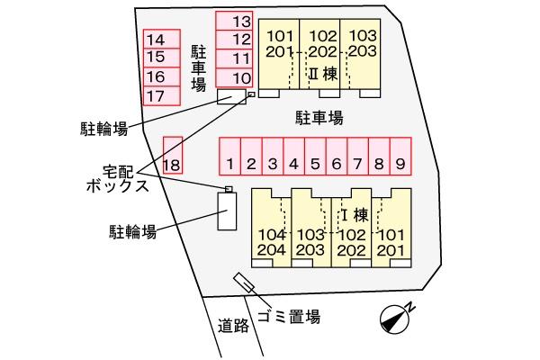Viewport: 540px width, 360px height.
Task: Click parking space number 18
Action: pos(173,156)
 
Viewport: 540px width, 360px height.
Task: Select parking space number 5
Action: pos(315,157)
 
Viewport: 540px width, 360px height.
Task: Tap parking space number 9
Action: pos(400,157)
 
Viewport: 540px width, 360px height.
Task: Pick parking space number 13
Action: pos(234,21)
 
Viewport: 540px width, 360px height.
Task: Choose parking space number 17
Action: pos(162,95)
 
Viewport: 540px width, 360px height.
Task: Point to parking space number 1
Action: pos(230,157)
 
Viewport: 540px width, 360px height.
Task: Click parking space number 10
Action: pos(234,77)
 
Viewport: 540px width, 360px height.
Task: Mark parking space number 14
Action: pos(162,39)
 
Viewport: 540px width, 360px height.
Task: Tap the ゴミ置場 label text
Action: pos(289,316)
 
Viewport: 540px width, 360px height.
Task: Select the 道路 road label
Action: pos(233,325)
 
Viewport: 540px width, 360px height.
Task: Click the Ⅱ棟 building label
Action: pos(323,74)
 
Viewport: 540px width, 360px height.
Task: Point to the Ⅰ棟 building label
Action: pos(355,215)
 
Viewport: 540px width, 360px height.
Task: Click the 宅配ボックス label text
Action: pos(118,179)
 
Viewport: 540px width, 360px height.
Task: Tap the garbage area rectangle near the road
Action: pos(244,283)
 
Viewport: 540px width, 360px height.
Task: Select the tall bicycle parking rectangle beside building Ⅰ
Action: pos(227,211)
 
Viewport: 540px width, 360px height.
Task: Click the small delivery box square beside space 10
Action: pos(252,94)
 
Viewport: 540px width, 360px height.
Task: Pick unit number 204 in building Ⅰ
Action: pos(272,250)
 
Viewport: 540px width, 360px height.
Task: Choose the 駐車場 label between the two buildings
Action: pos(319,118)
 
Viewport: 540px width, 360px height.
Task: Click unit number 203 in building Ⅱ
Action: pos(363,51)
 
